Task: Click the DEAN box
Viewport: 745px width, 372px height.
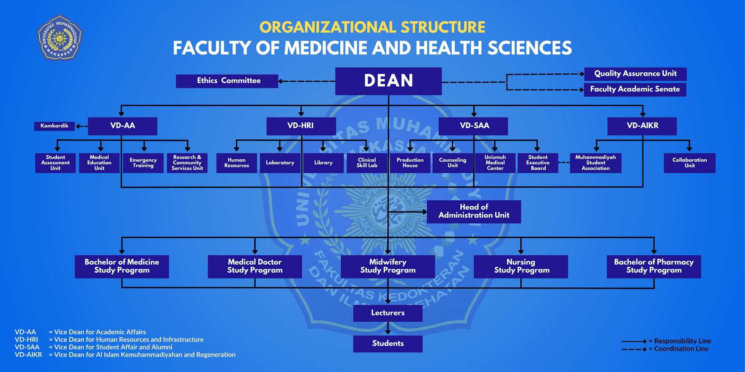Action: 388,81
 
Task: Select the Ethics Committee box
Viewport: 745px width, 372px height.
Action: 227,81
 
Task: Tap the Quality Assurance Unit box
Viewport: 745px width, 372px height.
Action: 635,74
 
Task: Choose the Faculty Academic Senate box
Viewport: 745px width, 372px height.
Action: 635,89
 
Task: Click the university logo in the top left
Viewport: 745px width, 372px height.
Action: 60,38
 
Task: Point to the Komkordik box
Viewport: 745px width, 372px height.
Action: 54,126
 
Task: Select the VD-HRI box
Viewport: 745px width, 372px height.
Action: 301,126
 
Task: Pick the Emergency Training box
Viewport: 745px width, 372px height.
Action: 143,163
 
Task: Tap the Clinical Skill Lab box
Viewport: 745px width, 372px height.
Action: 367,163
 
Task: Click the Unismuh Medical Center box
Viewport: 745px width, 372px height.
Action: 495,163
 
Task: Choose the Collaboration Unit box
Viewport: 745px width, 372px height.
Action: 690,163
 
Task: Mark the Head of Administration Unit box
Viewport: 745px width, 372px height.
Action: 474,212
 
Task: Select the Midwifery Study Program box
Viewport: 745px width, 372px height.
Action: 388,267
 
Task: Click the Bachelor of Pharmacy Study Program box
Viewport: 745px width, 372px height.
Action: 654,267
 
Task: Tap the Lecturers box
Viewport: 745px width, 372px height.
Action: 388,313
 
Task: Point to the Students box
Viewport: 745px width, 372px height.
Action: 388,344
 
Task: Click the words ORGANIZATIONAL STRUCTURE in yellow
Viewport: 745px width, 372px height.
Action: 372,27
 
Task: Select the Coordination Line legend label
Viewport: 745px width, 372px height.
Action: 681,349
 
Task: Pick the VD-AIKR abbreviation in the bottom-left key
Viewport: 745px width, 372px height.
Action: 28,355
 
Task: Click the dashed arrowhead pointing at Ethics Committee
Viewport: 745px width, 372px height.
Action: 280,81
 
